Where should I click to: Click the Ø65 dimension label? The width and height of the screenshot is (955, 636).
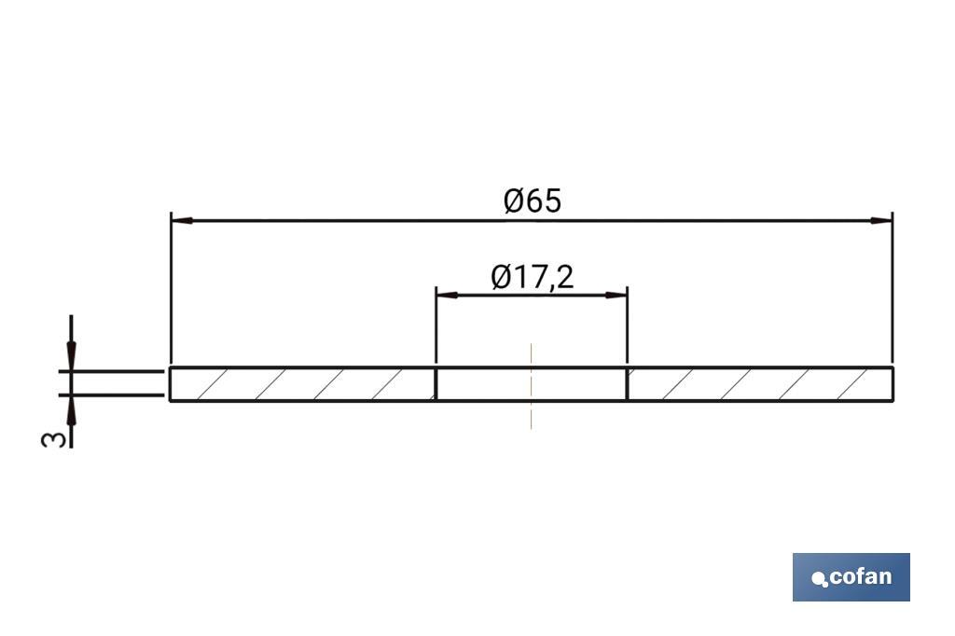pos(533,200)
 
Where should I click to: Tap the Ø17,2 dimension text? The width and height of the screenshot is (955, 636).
pos(532,277)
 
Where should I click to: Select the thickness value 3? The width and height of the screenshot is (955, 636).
pos(56,437)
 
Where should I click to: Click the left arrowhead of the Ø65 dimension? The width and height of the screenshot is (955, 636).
pos(182,221)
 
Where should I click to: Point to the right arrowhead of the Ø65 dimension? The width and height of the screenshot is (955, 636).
pos(880,221)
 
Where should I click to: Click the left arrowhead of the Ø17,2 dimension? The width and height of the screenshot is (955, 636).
pos(448,295)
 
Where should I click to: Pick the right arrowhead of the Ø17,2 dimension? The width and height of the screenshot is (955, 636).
pos(616,295)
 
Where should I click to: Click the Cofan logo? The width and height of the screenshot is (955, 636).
pos(851,577)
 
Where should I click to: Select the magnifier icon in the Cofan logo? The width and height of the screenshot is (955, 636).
pos(820,580)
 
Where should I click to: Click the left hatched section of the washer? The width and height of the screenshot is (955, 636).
pos(302,384)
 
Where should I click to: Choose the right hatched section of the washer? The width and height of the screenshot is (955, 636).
pos(759,384)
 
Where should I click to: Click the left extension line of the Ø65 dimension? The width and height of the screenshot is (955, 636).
pos(171,289)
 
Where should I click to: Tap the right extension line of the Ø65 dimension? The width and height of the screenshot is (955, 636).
pos(893,289)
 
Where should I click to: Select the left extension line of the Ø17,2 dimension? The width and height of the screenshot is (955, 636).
pos(436,326)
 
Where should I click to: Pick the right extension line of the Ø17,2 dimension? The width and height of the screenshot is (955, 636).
pos(627,326)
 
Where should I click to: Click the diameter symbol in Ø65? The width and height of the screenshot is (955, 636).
pos(514,200)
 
